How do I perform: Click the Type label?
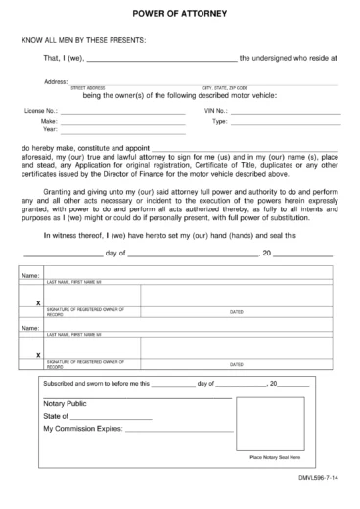pyautogui.click(x=220, y=121)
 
